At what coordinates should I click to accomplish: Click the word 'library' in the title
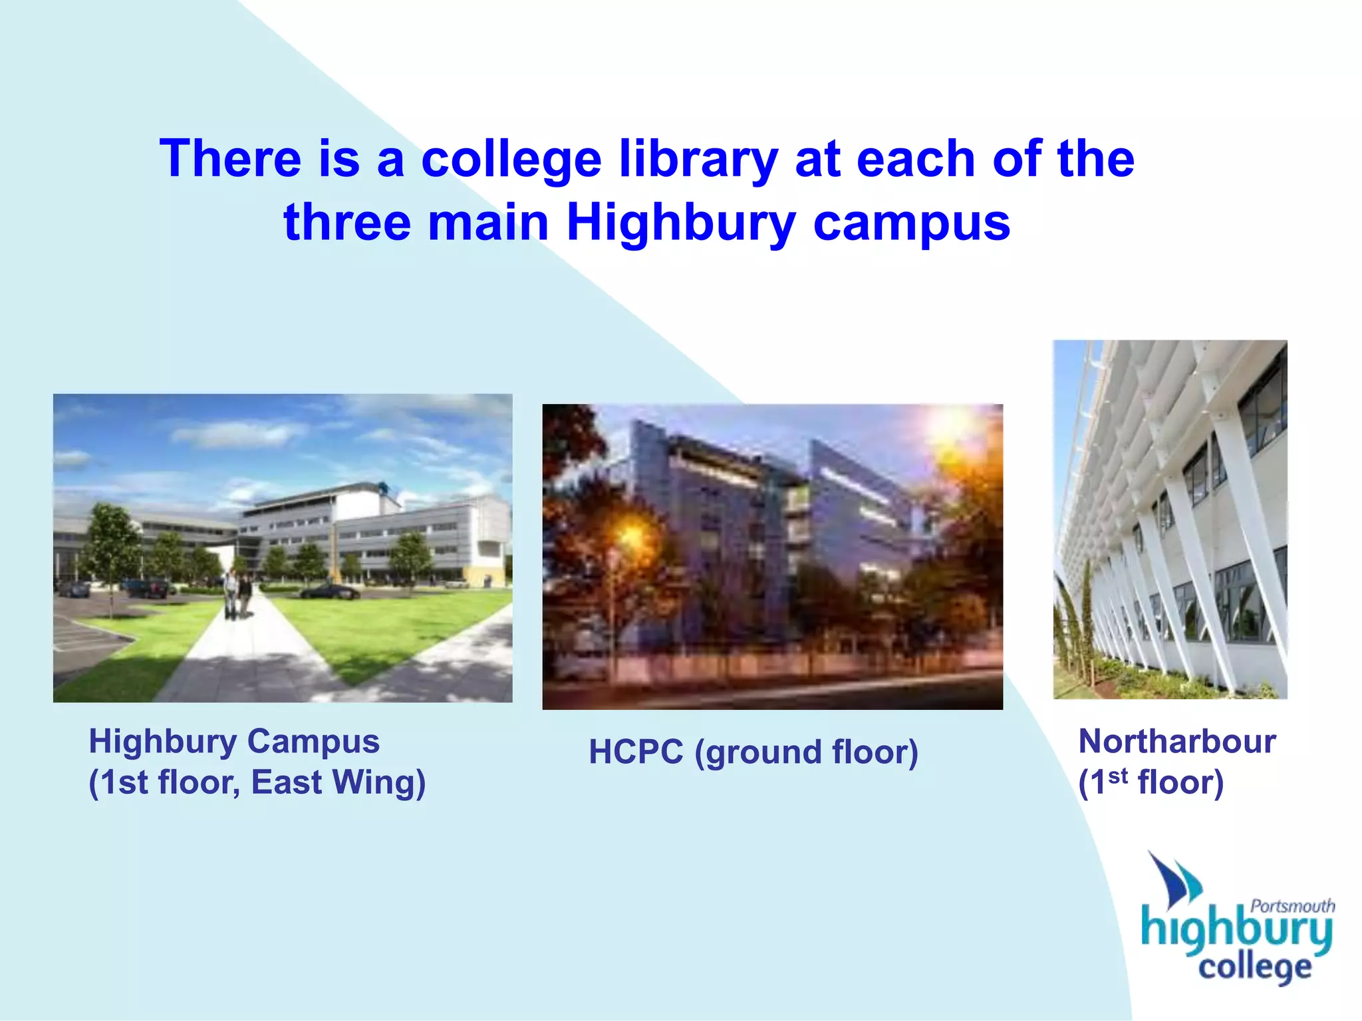click(x=698, y=160)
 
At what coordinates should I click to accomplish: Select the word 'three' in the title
click(x=348, y=223)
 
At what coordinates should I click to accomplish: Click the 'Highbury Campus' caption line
click(x=234, y=741)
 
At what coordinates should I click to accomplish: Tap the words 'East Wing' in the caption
click(x=338, y=782)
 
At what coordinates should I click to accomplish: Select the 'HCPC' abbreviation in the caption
click(x=636, y=752)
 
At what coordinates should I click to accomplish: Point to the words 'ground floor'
click(x=806, y=752)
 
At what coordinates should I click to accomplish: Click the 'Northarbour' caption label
click(x=1176, y=741)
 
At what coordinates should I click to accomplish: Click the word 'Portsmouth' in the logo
click(x=1292, y=906)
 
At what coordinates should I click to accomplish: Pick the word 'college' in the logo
click(x=1254, y=968)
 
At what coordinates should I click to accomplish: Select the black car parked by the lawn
click(x=329, y=590)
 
